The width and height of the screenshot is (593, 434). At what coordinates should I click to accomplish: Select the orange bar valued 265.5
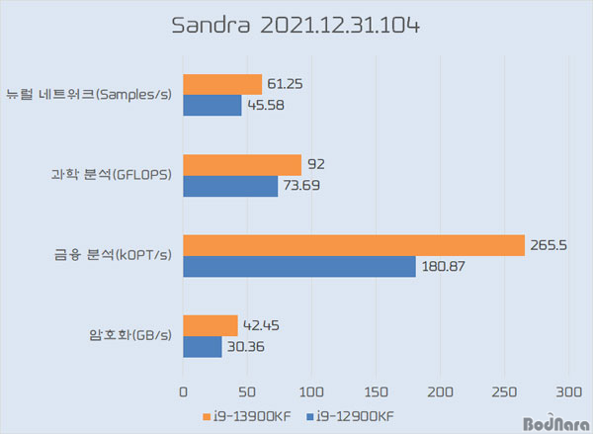[354, 245]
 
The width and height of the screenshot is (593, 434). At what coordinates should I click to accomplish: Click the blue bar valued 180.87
[299, 266]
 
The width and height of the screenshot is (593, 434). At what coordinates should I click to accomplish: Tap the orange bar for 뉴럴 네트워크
[222, 85]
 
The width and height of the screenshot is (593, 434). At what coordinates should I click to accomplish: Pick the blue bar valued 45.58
[212, 105]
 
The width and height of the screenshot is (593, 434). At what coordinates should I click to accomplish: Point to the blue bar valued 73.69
[230, 186]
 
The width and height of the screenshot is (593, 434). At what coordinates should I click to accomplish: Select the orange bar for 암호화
[211, 325]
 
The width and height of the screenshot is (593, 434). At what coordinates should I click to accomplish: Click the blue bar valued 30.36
[203, 346]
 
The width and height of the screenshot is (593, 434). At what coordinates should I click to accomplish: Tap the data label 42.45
[260, 325]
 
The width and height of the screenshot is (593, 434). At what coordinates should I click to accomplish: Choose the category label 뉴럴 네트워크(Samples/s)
[91, 95]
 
